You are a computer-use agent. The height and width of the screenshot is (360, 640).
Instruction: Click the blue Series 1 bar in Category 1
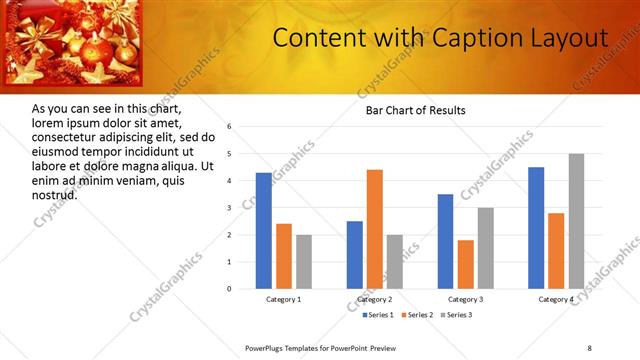click(x=263, y=231)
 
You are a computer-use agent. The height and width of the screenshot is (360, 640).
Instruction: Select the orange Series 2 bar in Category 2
click(x=375, y=229)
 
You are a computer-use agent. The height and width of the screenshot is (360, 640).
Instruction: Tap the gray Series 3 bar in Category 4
click(x=577, y=221)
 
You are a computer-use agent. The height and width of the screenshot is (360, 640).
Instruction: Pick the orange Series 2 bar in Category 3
click(x=465, y=264)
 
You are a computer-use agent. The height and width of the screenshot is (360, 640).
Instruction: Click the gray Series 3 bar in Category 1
click(x=304, y=262)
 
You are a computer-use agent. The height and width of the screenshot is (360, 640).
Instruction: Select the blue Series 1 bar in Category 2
click(x=355, y=255)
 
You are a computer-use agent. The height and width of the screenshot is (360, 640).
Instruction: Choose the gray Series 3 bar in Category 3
click(x=486, y=248)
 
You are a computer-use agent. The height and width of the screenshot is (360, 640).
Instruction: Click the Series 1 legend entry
click(x=375, y=315)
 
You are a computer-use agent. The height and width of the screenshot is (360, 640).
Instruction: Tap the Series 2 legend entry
click(x=417, y=315)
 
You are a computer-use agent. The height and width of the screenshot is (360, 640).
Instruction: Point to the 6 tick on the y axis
click(x=229, y=127)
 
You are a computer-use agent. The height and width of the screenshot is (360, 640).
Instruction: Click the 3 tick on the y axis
click(x=229, y=208)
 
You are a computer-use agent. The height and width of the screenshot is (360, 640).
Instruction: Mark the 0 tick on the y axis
click(x=229, y=289)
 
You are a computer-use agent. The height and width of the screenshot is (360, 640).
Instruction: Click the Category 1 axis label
click(x=284, y=299)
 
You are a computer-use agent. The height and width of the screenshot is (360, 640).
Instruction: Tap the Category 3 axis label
click(x=465, y=299)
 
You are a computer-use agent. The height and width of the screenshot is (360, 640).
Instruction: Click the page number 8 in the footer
click(x=590, y=347)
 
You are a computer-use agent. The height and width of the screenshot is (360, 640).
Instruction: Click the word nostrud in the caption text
click(x=55, y=194)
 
